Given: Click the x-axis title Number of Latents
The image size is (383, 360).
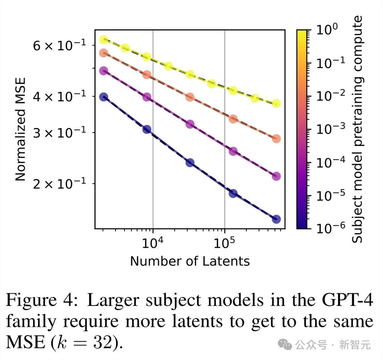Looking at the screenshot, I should [x=190, y=261].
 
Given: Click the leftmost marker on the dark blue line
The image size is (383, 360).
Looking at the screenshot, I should [x=103, y=97].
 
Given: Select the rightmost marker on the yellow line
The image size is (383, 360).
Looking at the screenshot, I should [x=277, y=103].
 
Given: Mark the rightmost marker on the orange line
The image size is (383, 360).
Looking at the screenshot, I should [x=277, y=139].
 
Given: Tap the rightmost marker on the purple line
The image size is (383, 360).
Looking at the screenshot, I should [x=277, y=176].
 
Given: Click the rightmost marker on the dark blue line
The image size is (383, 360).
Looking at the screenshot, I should [x=277, y=219].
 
